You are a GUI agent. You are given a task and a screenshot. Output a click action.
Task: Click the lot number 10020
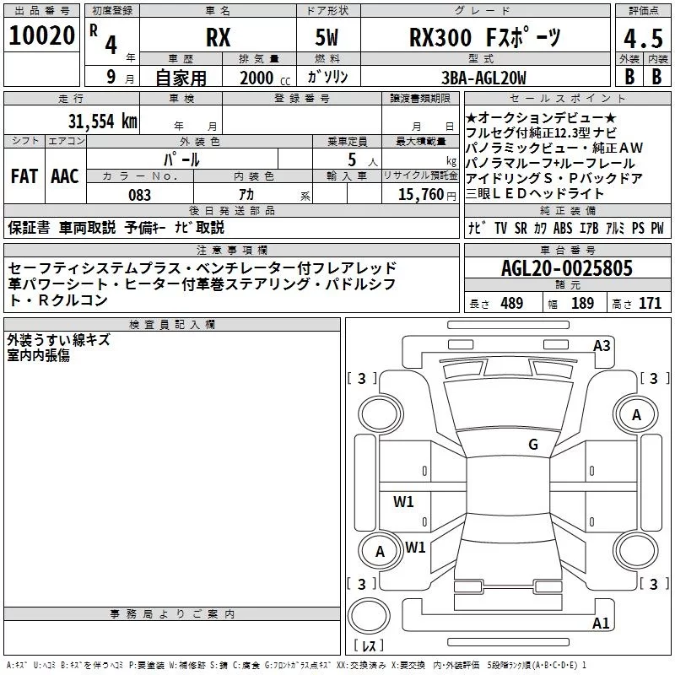click(x=41, y=35)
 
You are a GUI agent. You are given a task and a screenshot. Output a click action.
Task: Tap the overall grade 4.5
click(x=643, y=38)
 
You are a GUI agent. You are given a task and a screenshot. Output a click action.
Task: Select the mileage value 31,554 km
click(x=103, y=121)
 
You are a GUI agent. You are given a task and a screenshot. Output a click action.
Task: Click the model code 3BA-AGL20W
click(x=483, y=78)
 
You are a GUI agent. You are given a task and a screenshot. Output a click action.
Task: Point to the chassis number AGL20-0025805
click(x=567, y=268)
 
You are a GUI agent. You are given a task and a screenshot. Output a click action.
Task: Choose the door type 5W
click(x=327, y=37)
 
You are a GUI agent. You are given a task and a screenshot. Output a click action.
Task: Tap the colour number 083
click(x=140, y=195)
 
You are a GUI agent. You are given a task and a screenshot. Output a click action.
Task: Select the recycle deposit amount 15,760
click(x=421, y=195)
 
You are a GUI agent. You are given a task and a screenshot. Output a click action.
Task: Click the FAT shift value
click(x=24, y=176)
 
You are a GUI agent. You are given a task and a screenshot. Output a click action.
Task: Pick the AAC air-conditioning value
click(x=65, y=176)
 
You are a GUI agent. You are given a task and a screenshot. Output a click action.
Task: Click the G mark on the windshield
click(x=533, y=444)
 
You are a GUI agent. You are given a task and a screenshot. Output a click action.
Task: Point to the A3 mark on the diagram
click(x=602, y=346)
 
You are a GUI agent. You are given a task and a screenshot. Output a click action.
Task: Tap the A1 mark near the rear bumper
click(x=601, y=623)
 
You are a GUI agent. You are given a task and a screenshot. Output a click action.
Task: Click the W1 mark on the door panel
click(x=403, y=501)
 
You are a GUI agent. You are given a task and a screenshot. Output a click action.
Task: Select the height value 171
click(x=650, y=303)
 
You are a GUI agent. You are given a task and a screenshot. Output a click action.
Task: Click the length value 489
click(x=512, y=303)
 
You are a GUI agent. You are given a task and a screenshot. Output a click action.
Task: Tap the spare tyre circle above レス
click(x=369, y=616)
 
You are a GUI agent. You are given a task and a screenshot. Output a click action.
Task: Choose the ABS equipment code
click(x=563, y=228)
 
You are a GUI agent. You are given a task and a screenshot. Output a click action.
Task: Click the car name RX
click(x=219, y=37)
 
